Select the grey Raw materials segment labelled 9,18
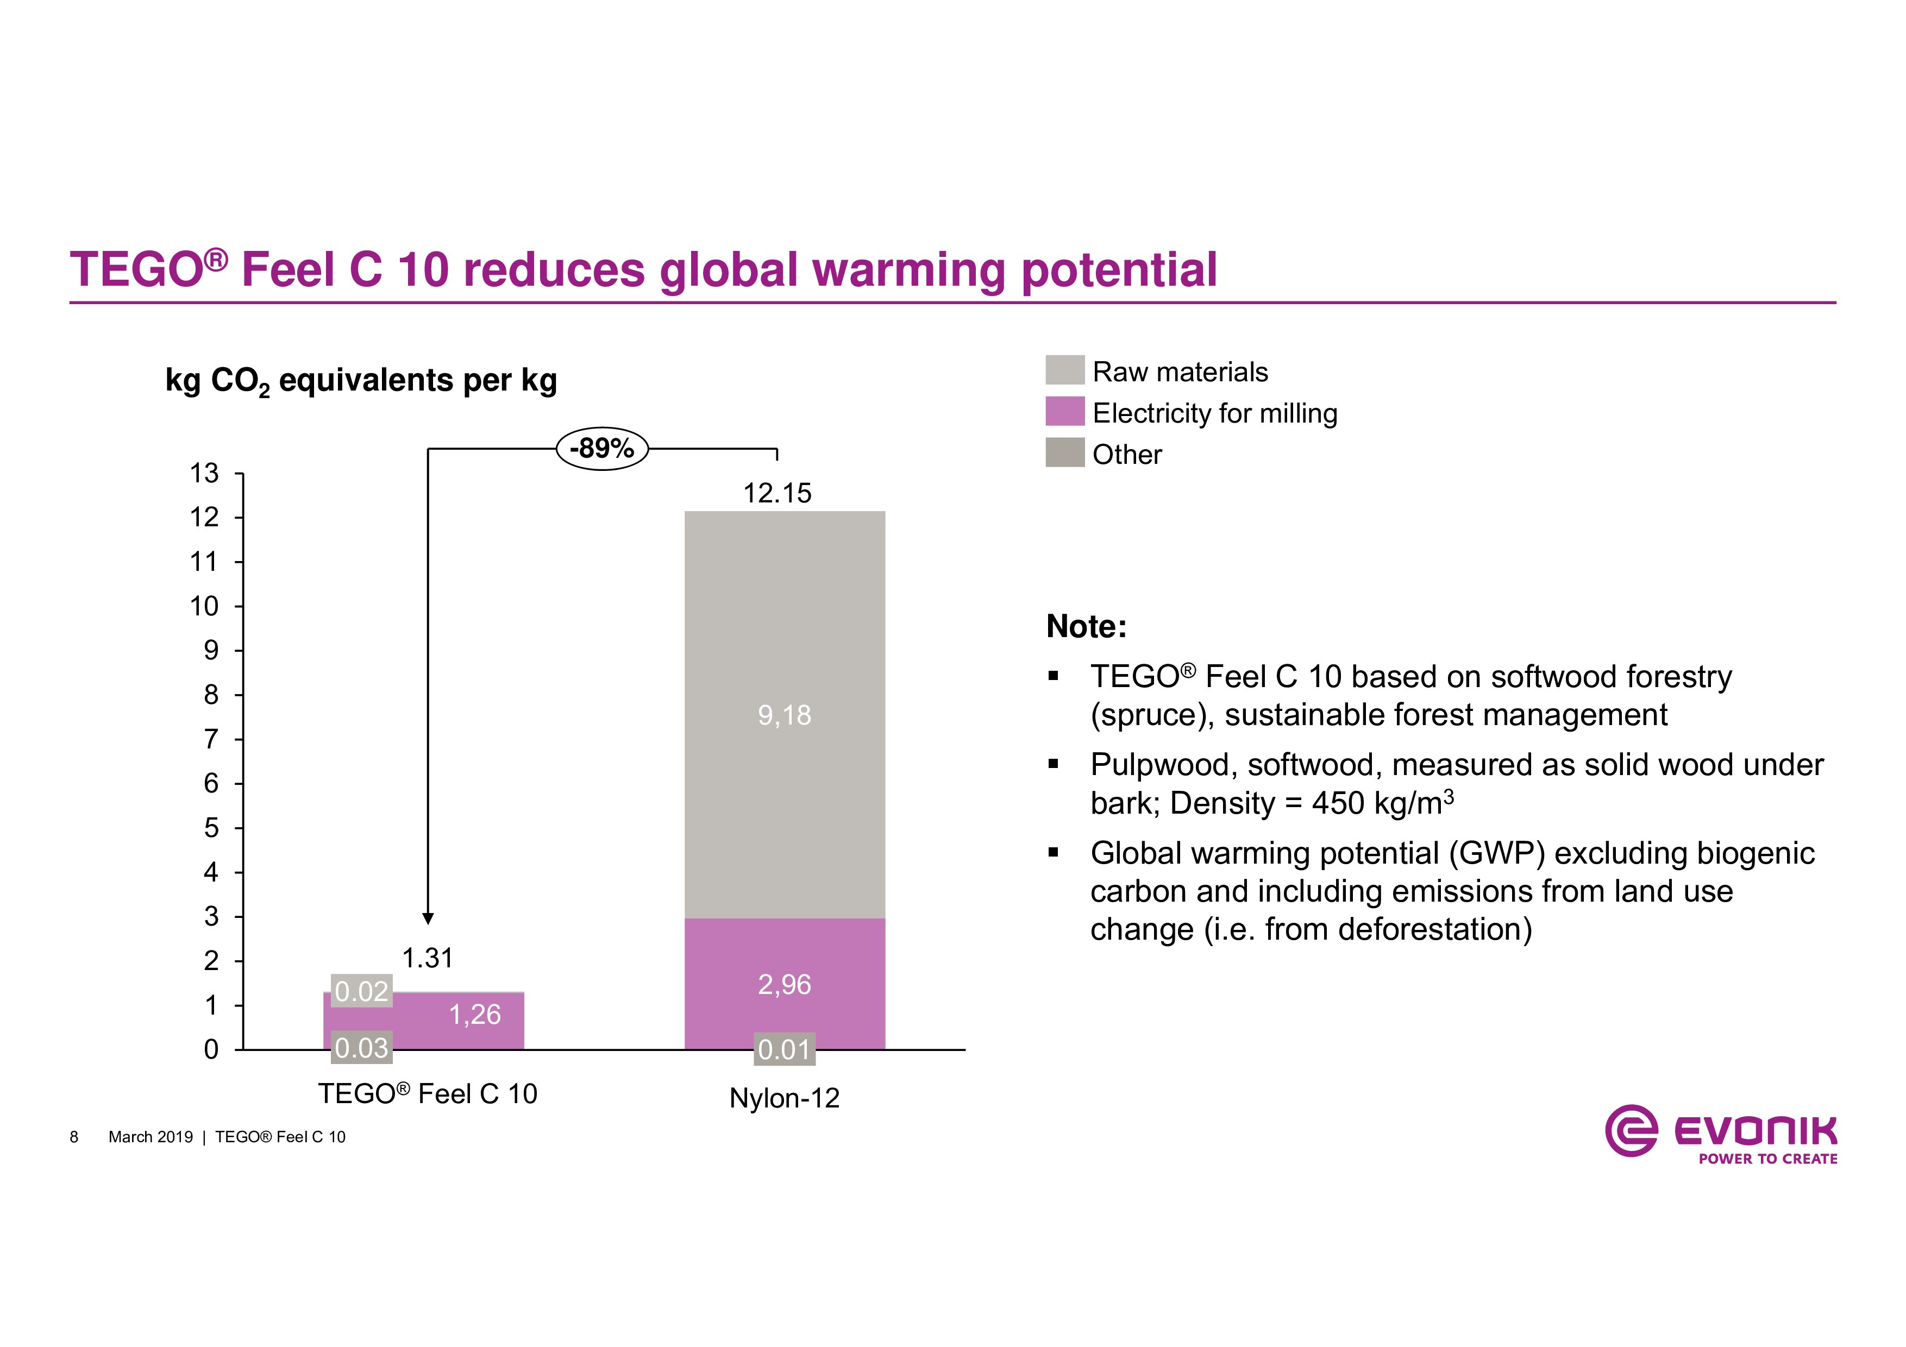coord(785,715)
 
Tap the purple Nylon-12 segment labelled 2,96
coord(785,984)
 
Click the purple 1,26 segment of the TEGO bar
coord(475,1014)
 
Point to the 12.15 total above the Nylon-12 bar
coord(777,494)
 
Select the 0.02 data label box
coord(361,991)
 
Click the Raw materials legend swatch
coord(1065,370)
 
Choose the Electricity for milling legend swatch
coord(1065,412)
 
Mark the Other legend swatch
coord(1065,452)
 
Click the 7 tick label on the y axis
coord(211,739)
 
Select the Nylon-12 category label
coord(785,1098)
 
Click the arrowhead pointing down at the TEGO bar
coord(428,918)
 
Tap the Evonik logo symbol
coord(1631,1130)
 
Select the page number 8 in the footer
coord(74,1137)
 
